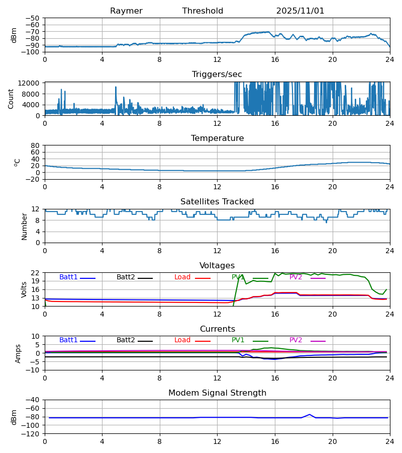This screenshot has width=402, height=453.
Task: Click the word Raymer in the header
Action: pos(126,11)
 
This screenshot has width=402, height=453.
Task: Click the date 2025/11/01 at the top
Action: pos(300,11)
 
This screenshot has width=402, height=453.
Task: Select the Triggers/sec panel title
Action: pos(217,74)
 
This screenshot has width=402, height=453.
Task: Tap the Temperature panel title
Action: pos(217,138)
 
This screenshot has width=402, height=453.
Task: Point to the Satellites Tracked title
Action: pos(217,202)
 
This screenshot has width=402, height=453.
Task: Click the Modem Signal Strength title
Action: pos(217,393)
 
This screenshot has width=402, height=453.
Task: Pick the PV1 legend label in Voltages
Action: pos(238,277)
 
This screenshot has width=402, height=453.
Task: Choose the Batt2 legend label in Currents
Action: pos(126,340)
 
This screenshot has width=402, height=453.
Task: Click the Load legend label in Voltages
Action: pos(182,277)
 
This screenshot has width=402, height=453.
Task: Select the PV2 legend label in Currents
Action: pos(296,340)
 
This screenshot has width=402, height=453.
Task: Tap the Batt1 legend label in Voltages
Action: pos(68,277)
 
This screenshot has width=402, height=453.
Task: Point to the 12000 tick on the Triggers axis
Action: pos(32,83)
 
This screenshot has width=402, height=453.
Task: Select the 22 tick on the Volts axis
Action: pos(36,273)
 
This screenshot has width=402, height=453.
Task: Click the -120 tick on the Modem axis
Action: pos(31,433)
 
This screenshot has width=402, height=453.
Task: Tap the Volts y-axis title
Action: pos(24,289)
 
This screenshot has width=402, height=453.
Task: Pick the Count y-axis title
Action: pos(11,99)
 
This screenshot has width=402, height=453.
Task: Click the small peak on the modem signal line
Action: pos(310,415)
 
